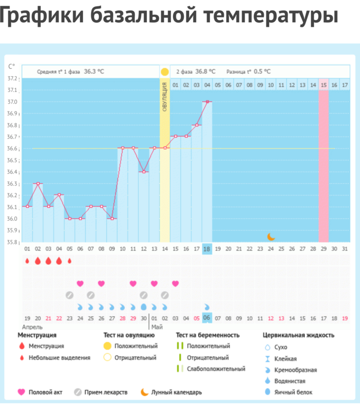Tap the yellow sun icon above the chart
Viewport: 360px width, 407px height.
click(164, 71)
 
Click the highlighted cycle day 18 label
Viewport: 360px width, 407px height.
click(207, 249)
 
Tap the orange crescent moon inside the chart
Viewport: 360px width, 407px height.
click(271, 236)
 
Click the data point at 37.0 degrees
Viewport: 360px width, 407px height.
click(207, 101)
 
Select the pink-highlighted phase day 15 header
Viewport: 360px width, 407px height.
click(324, 85)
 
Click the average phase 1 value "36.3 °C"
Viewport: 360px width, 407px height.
click(94, 71)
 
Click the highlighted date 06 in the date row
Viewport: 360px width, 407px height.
click(207, 318)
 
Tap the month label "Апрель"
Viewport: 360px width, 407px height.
click(33, 327)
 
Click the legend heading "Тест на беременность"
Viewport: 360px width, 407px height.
click(207, 335)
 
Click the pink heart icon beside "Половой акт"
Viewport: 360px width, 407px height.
click(22, 392)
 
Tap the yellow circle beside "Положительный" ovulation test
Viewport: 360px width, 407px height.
click(107, 346)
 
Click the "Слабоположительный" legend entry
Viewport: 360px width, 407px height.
click(216, 369)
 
